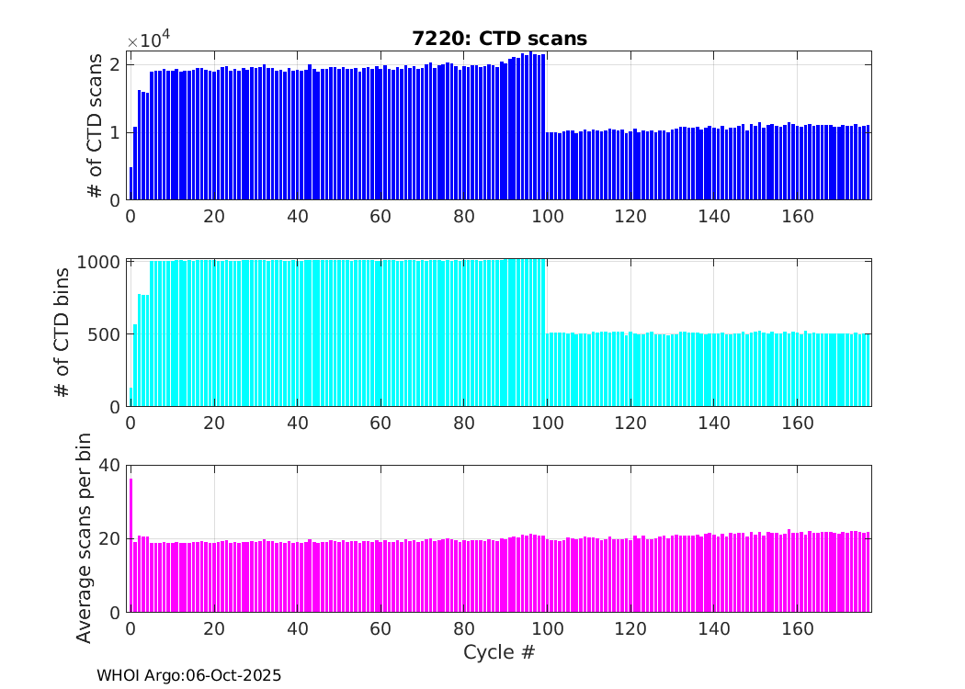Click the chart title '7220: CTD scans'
(499, 39)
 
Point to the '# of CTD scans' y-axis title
(95, 128)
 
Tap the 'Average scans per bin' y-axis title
(84, 540)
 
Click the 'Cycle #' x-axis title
(499, 652)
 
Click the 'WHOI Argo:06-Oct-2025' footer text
(189, 675)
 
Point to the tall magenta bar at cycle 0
(131, 545)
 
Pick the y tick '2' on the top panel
(116, 64)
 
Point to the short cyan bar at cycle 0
(131, 397)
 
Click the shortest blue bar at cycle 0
(131, 184)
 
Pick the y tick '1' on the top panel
(116, 132)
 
